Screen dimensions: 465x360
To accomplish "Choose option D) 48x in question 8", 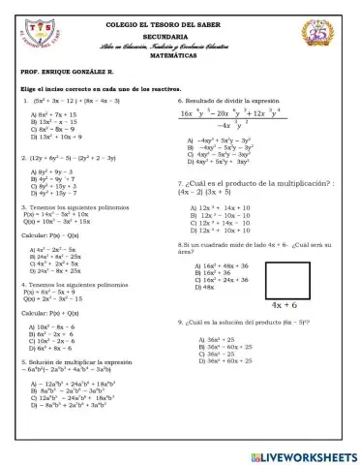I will [x=204, y=287].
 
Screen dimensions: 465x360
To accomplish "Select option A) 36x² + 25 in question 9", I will [x=216, y=340].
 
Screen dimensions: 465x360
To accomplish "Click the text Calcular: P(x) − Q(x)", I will [x=53, y=233].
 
